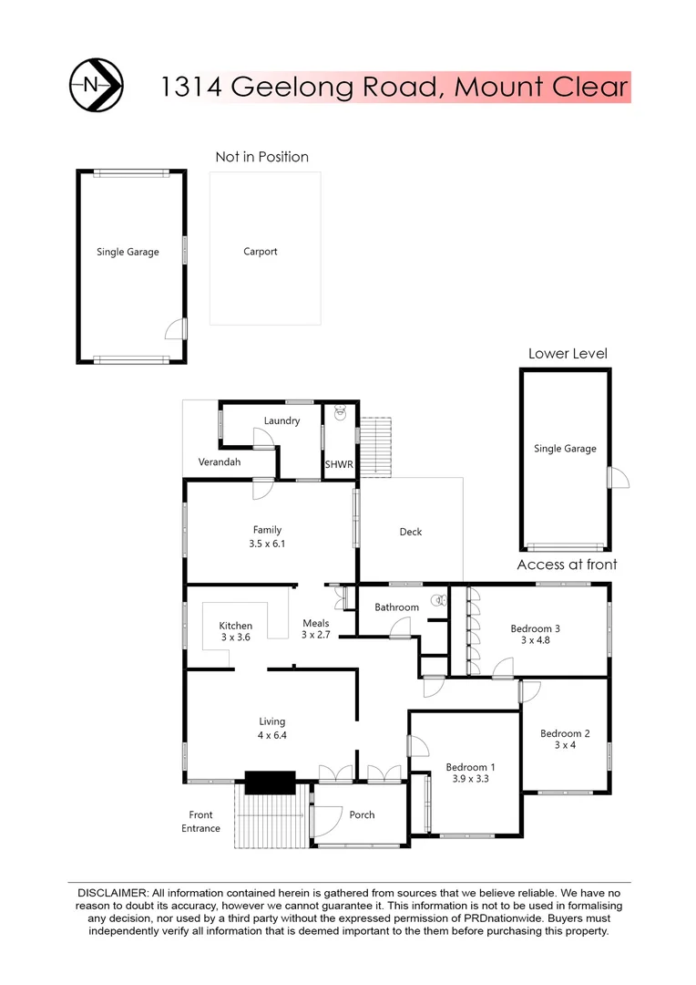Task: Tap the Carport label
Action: pyautogui.click(x=260, y=252)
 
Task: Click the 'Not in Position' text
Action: pyautogui.click(x=261, y=157)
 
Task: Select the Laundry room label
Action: pyautogui.click(x=281, y=420)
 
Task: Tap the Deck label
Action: pyautogui.click(x=411, y=532)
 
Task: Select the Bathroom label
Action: pyautogui.click(x=397, y=607)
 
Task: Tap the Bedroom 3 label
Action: pyautogui.click(x=535, y=628)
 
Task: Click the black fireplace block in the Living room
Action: pyautogui.click(x=270, y=782)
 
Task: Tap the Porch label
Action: pyautogui.click(x=362, y=814)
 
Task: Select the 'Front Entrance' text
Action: pyautogui.click(x=200, y=822)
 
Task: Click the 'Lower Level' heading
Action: pyautogui.click(x=568, y=354)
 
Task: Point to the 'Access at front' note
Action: pyautogui.click(x=567, y=565)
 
